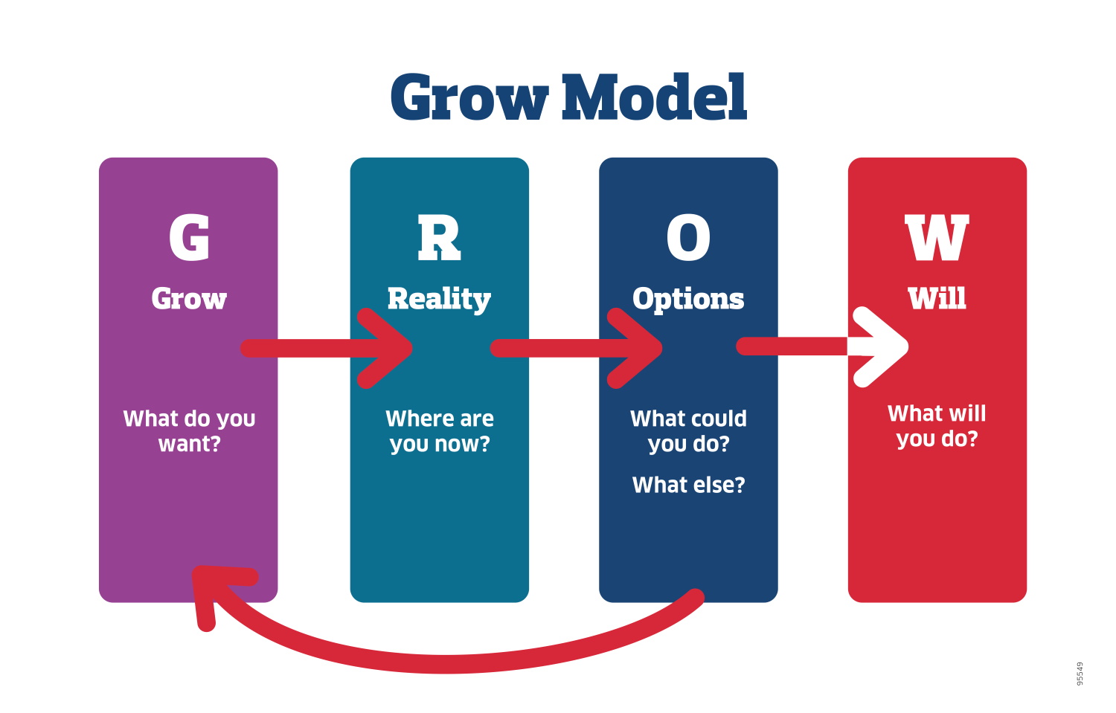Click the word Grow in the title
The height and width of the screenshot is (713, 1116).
469,99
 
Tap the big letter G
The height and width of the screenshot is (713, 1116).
189,238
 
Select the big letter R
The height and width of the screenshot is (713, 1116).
439,238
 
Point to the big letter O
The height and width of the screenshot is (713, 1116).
688,238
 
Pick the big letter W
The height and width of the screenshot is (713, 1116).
937,238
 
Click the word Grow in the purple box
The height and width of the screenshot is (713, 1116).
189,299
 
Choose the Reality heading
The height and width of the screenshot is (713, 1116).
439,300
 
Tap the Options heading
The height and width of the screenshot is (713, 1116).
688,299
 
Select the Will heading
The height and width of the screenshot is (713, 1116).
937,299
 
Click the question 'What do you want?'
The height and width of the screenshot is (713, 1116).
189,431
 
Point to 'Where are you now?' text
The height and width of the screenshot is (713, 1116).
440,431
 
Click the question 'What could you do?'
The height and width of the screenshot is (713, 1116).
688,431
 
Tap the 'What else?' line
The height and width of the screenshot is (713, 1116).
688,485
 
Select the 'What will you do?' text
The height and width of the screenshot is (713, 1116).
937,426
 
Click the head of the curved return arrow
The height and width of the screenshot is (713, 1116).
212,587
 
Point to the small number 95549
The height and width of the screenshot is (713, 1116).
1080,674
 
